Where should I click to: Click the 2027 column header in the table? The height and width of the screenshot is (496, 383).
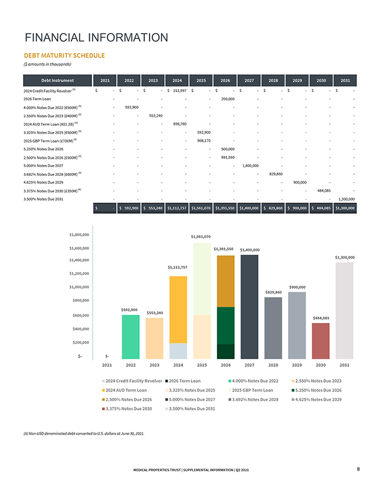249,80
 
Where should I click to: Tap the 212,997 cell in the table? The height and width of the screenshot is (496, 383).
178,90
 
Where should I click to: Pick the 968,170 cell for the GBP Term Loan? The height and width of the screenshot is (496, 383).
202,141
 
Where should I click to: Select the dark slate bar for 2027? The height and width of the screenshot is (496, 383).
249,306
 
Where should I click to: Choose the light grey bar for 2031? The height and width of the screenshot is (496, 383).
345,310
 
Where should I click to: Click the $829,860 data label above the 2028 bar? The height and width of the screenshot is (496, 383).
273,292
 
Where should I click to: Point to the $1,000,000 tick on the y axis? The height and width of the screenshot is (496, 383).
80,287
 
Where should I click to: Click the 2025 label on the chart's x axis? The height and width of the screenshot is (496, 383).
201,365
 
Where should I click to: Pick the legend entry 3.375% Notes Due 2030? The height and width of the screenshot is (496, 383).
127,408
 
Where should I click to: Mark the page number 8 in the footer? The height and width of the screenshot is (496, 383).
359,469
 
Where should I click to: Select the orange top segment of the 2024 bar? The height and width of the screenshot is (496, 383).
178,309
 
